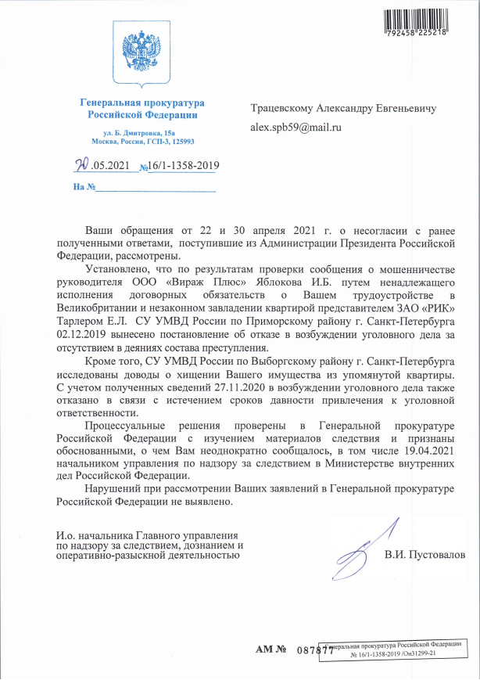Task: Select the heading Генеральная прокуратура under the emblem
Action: click(142, 103)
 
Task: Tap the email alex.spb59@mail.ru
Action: click(296, 125)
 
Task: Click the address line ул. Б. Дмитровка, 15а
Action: click(142, 134)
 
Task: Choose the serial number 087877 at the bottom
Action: click(315, 650)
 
